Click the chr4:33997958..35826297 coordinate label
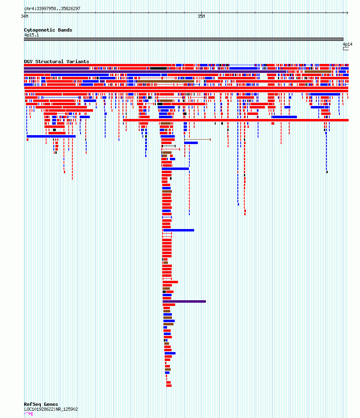pos(52,8)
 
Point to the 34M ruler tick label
pos(25,16)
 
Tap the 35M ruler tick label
pos(201,16)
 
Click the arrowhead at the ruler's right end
pos(347,13)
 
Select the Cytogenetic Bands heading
pos(48,30)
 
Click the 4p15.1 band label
pos(32,35)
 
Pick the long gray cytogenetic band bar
pos(184,39)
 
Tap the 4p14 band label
pos(347,44)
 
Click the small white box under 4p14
pos(345,49)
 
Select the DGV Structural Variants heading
pos(57,62)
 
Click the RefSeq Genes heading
pos(41,404)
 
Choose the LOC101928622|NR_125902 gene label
pos(51,409)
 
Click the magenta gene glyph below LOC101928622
pos(28,414)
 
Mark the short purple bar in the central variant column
pos(184,301)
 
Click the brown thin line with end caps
pos(197,140)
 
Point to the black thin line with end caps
pos(169,146)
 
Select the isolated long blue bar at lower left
pos(51,136)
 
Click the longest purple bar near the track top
pos(155,72)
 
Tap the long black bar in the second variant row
pos(158,68)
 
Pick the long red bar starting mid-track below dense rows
pos(236,120)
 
